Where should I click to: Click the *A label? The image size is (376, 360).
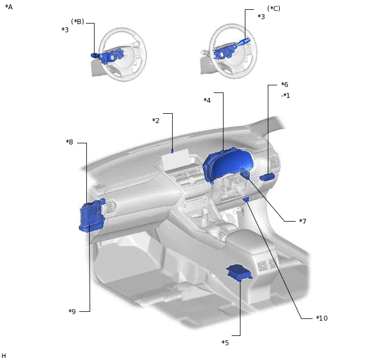click(9, 7)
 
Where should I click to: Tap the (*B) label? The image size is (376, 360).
click(78, 21)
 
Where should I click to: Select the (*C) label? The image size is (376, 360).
click(274, 8)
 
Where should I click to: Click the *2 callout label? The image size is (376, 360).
click(156, 120)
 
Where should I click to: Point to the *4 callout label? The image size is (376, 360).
click(207, 100)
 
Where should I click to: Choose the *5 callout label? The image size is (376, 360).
click(225, 342)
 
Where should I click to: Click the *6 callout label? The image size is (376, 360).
click(285, 84)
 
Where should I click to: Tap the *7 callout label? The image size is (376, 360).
click(303, 221)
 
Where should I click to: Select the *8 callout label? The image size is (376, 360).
click(69, 142)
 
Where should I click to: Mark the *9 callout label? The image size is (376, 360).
click(72, 311)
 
